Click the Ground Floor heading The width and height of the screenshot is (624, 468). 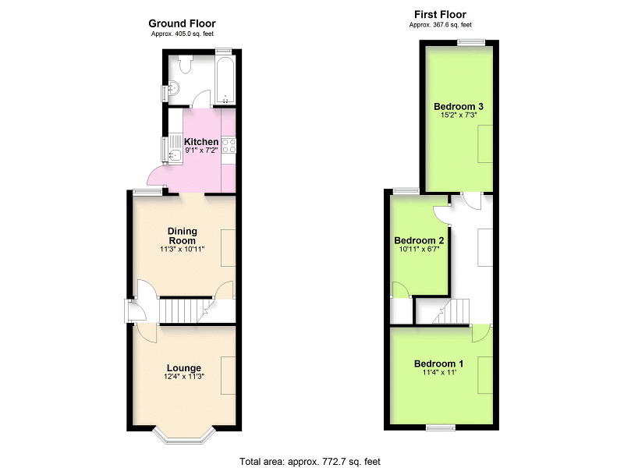tap(182, 23)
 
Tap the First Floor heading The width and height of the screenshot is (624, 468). tap(440, 15)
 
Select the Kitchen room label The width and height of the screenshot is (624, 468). tap(201, 142)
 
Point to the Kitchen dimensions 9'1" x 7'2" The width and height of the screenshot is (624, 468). tap(201, 151)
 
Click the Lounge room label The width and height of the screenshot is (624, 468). tap(184, 368)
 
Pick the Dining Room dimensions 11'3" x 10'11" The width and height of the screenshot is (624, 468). tap(183, 250)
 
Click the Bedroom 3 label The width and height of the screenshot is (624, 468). tap(459, 106)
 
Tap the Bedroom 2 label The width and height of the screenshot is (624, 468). tap(419, 240)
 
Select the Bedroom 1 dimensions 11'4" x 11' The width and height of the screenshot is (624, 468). tap(439, 373)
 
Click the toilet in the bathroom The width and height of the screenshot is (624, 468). tap(186, 64)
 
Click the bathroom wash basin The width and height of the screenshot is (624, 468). tap(173, 88)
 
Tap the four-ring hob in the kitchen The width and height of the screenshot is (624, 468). tap(229, 146)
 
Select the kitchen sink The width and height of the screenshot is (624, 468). tap(175, 149)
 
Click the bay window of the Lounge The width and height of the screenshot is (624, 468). tap(184, 437)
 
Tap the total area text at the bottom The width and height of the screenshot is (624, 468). tap(310, 462)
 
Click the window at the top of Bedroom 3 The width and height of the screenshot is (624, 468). tap(471, 43)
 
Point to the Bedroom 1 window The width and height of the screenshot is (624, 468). tap(441, 427)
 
